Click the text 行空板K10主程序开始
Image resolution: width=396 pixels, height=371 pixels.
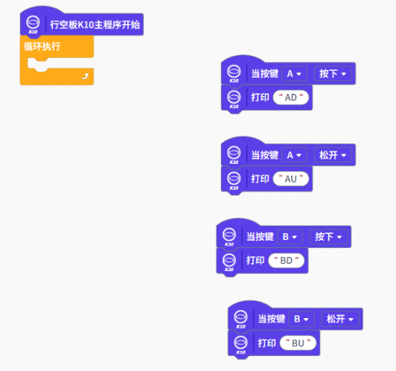click(95, 25)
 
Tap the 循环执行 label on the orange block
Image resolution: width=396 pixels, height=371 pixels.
click(42, 46)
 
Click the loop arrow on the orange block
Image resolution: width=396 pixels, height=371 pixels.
click(85, 76)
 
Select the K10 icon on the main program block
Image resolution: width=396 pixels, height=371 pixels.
click(33, 25)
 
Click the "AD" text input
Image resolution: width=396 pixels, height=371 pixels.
click(291, 98)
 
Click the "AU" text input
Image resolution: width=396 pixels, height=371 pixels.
click(291, 179)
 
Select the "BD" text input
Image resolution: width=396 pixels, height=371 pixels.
click(286, 261)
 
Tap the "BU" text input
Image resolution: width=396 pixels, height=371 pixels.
click(298, 343)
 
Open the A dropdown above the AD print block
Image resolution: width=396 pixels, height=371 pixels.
click(294, 74)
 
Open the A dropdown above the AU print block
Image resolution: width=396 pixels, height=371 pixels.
click(294, 155)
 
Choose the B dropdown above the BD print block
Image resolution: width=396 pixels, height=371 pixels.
click(290, 237)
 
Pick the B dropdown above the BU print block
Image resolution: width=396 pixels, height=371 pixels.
click(301, 319)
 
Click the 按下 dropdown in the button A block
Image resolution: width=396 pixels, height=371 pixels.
click(333, 74)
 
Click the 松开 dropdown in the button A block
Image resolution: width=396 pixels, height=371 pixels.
click(333, 155)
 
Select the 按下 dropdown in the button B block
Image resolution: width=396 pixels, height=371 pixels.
click(328, 237)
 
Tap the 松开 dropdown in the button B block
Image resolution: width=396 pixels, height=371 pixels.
click(340, 319)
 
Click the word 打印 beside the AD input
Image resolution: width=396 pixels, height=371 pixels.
click(260, 98)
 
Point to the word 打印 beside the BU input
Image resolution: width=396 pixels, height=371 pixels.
click(267, 343)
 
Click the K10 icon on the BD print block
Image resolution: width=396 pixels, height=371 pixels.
click(229, 262)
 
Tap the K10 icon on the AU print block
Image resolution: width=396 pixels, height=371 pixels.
click(234, 180)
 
